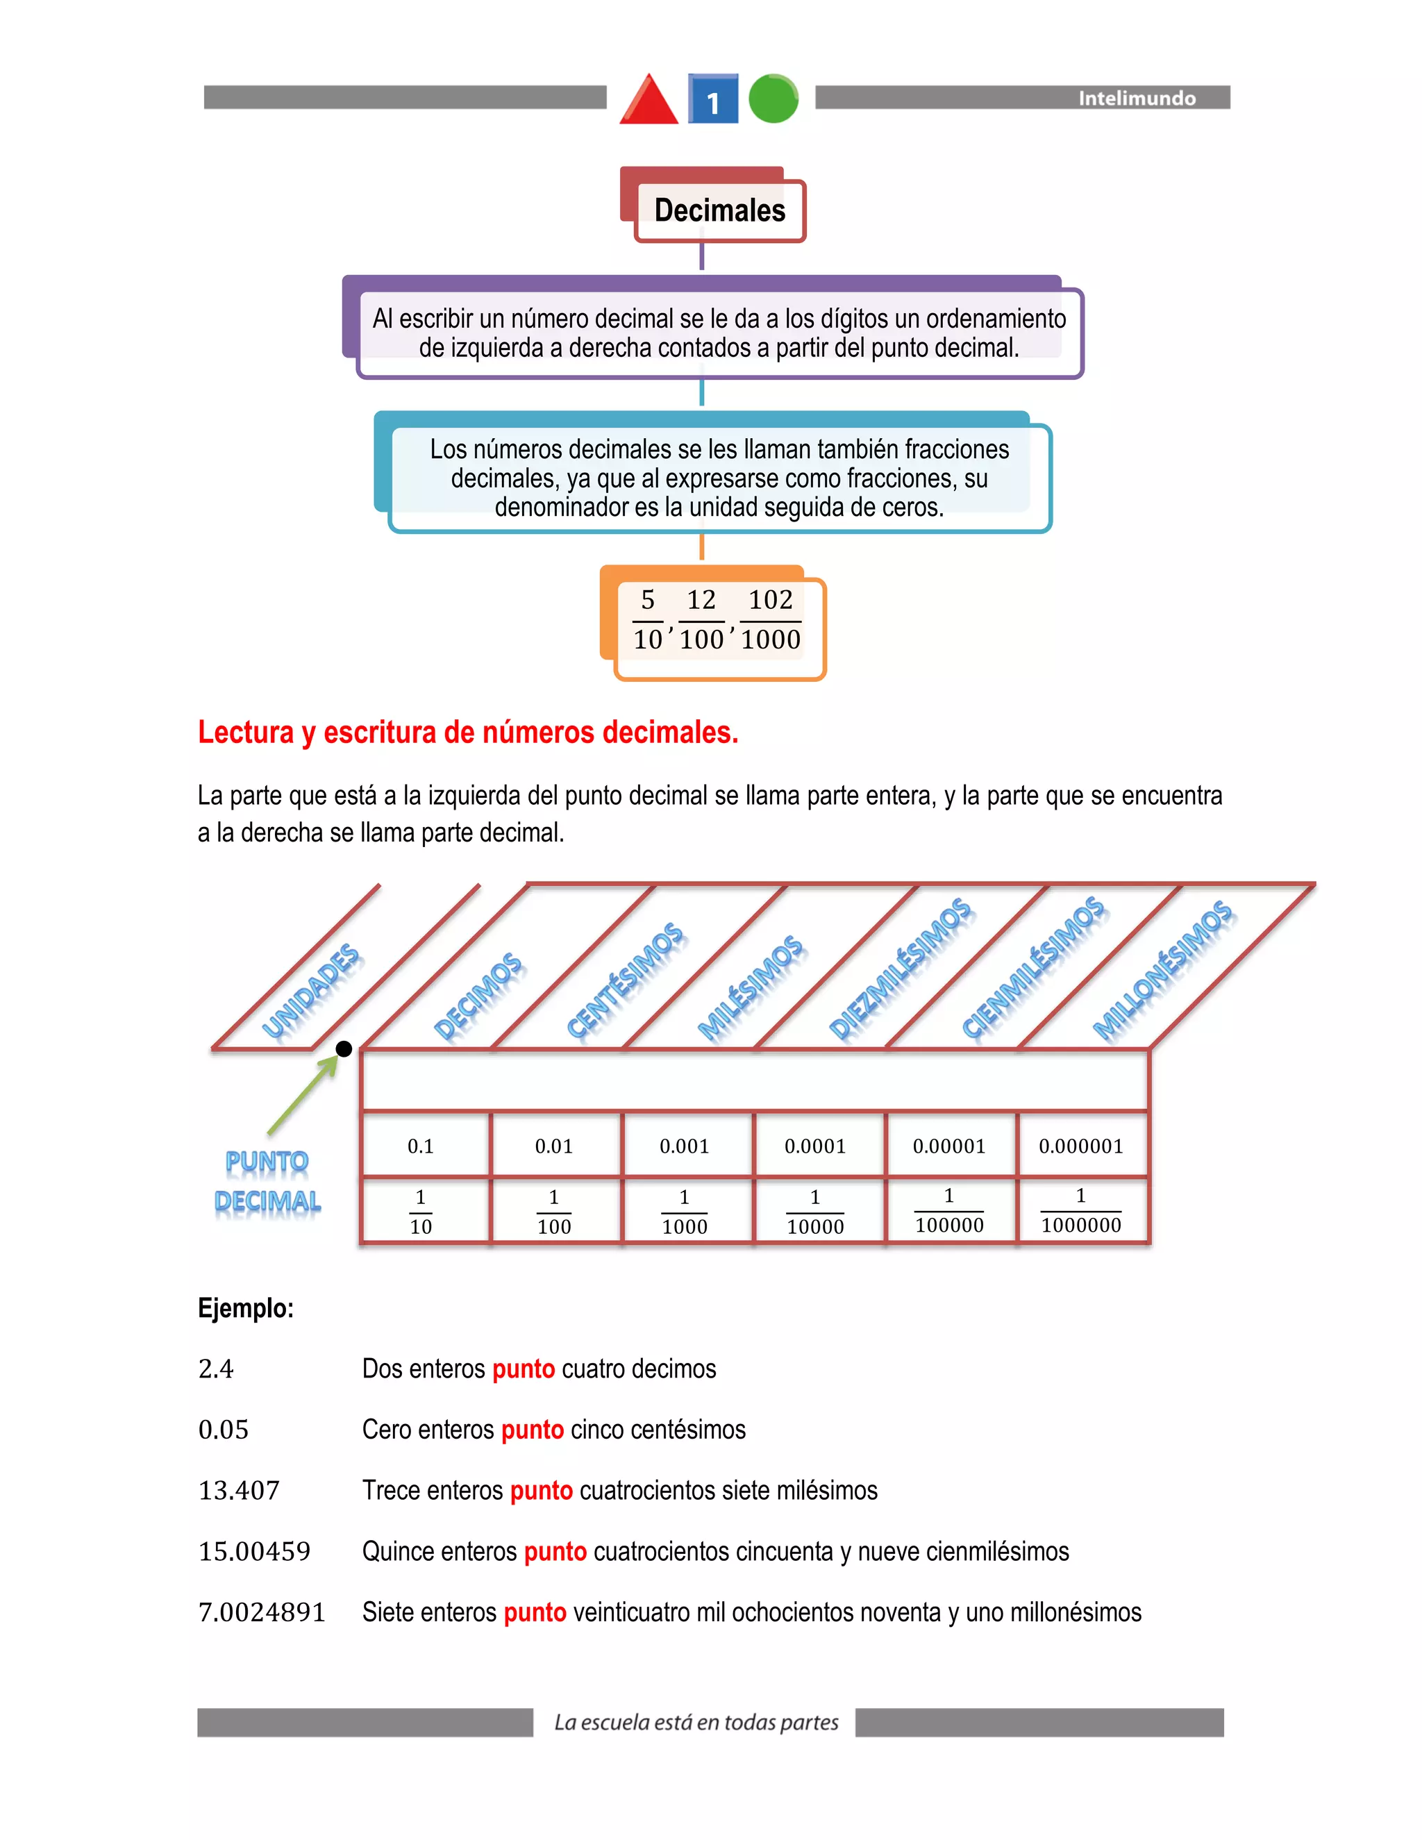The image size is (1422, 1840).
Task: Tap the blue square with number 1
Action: point(712,99)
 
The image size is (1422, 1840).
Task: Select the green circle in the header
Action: point(773,99)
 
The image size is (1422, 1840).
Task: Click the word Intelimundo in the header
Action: point(1137,99)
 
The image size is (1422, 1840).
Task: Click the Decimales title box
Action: point(719,210)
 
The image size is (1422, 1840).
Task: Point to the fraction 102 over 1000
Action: point(770,619)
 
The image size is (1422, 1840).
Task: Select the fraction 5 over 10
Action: point(648,619)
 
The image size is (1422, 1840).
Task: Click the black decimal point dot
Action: point(344,1049)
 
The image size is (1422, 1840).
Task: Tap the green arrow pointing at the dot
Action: point(304,1093)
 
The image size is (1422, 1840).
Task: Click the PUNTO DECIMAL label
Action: point(267,1181)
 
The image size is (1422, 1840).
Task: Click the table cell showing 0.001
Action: point(684,1146)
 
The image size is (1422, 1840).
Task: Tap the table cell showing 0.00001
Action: point(948,1146)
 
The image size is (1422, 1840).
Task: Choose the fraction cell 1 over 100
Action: point(553,1212)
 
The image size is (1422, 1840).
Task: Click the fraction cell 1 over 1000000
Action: point(1081,1211)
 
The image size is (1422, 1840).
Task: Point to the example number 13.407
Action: point(238,1490)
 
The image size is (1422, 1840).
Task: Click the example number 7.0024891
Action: point(261,1612)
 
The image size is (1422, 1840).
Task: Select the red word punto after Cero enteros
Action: point(533,1430)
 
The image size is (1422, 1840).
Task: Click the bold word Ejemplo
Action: point(245,1308)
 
